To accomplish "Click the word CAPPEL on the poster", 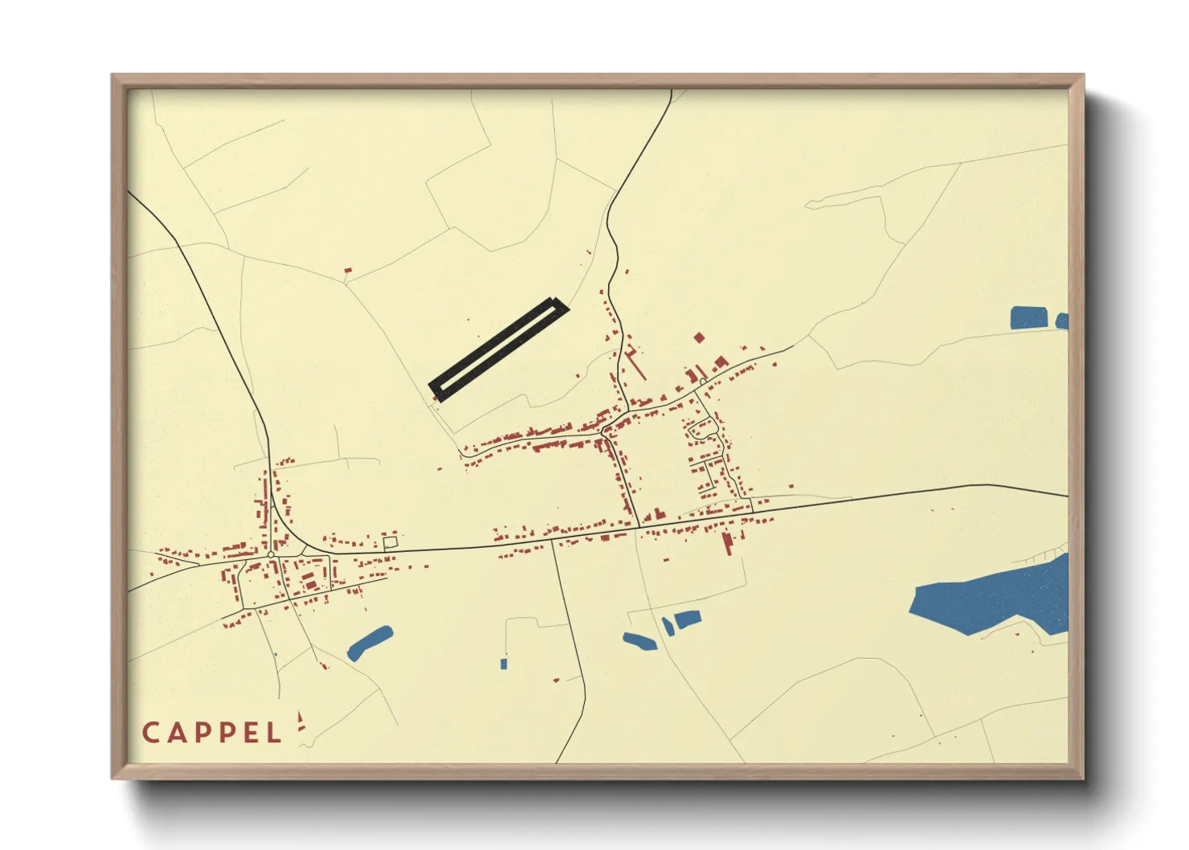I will [x=212, y=733].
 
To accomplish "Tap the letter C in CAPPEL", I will [x=150, y=733].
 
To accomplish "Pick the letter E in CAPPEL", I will [x=251, y=733].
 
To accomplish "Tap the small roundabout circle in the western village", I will [x=271, y=554].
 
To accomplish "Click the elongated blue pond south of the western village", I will [x=370, y=643].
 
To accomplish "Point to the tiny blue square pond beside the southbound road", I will [x=504, y=664].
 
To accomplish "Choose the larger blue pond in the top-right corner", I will [x=1029, y=318].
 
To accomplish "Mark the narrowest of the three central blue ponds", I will [x=668, y=627].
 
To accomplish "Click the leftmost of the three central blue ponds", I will [x=639, y=641].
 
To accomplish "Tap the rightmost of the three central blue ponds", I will [x=688, y=619].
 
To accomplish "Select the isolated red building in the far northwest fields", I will [x=348, y=272].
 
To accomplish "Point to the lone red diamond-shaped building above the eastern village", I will [x=698, y=337].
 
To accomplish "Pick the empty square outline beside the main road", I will [x=390, y=543].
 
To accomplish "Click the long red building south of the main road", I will [x=727, y=542].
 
